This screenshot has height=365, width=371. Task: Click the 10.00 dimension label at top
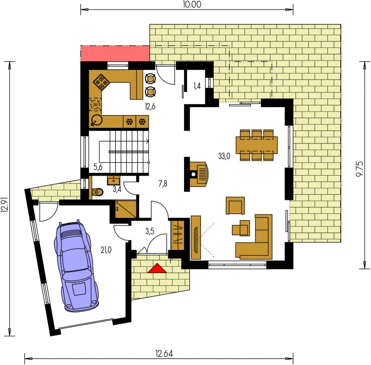coord(192,4)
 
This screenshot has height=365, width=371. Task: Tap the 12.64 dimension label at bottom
coord(164,353)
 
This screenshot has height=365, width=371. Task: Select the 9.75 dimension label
coord(359,169)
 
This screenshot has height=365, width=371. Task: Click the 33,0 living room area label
coord(224,156)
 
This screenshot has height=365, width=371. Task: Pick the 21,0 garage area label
coord(106,250)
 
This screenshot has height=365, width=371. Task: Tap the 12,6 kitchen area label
coord(150,107)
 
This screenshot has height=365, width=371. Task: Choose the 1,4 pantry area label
coord(197,86)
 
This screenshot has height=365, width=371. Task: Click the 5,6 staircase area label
coord(98,167)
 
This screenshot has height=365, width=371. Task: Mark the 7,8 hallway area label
coord(163,183)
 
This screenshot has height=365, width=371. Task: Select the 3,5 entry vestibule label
coord(150,231)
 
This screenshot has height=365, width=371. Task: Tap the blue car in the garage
coord(76,266)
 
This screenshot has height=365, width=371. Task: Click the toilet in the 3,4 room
coord(97,192)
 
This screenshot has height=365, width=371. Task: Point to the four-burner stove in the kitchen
coord(101,82)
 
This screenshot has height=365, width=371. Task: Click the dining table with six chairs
coord(257,145)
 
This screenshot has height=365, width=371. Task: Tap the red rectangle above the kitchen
coord(115,54)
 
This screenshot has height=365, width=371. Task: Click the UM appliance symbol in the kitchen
coord(95,104)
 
